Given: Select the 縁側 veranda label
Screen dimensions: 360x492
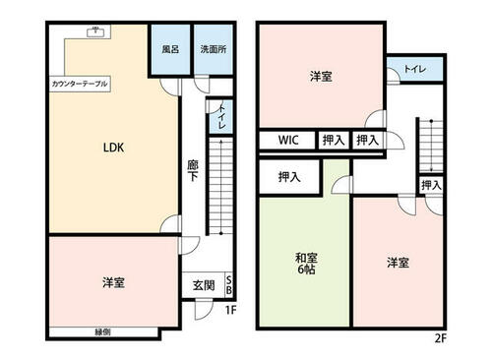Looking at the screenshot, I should point(102,330).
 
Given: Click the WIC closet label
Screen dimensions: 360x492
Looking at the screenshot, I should point(287,141).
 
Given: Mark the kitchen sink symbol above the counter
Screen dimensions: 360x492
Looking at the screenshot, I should point(96,32).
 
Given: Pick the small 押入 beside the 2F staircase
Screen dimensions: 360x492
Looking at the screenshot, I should point(431,185).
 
